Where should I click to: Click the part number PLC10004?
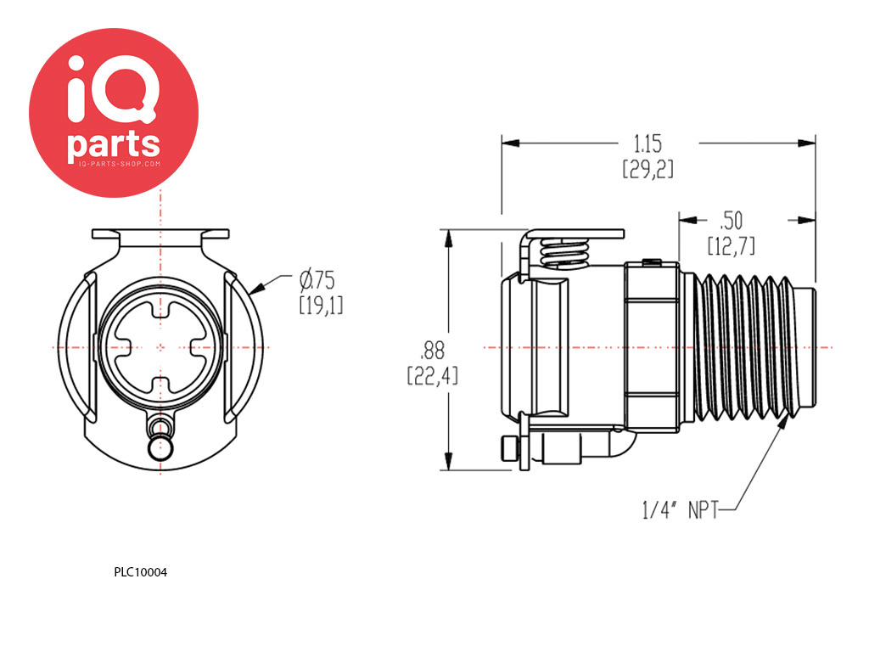(x=140, y=572)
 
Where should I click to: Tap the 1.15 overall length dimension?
(x=648, y=144)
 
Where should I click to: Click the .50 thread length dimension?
(x=732, y=221)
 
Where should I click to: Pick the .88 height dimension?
(x=432, y=351)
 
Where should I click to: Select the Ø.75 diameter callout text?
(x=317, y=280)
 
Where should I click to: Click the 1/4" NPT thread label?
(x=680, y=509)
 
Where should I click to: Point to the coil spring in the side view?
(x=563, y=253)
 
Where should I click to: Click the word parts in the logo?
(x=114, y=144)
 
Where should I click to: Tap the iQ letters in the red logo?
(x=114, y=88)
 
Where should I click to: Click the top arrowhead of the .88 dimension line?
(x=448, y=239)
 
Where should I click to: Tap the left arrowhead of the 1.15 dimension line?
(x=511, y=143)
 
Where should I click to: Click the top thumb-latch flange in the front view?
(x=160, y=233)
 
